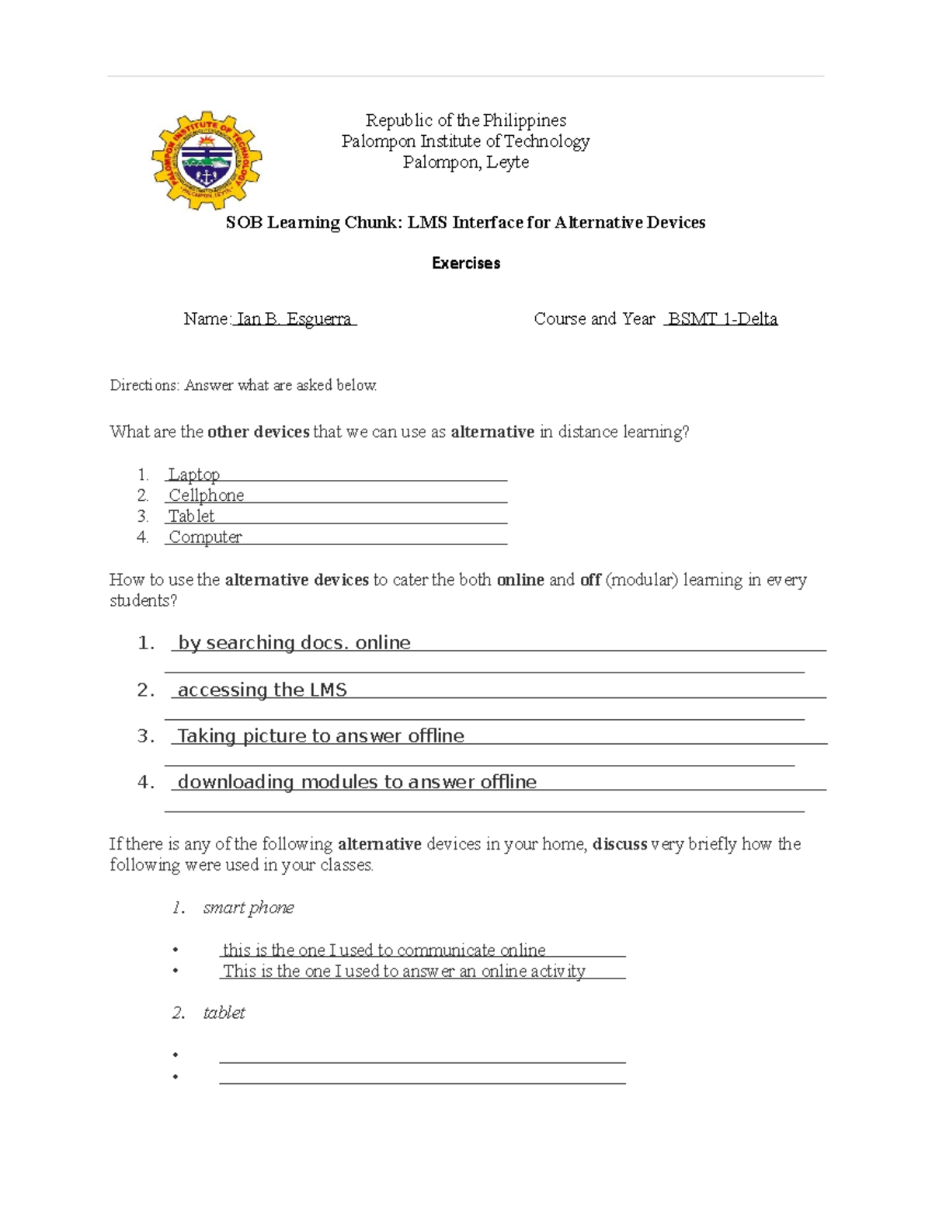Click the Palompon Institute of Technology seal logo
coord(207,160)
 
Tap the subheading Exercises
coord(466,263)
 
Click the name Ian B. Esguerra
coord(294,319)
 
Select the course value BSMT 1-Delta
coord(722,319)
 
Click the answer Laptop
coord(194,474)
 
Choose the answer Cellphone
coord(206,495)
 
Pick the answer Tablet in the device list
coord(192,516)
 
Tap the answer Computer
coord(205,537)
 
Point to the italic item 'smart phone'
coord(249,908)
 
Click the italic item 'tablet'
coord(224,1013)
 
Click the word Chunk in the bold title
coord(373,223)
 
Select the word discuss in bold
coord(620,844)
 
